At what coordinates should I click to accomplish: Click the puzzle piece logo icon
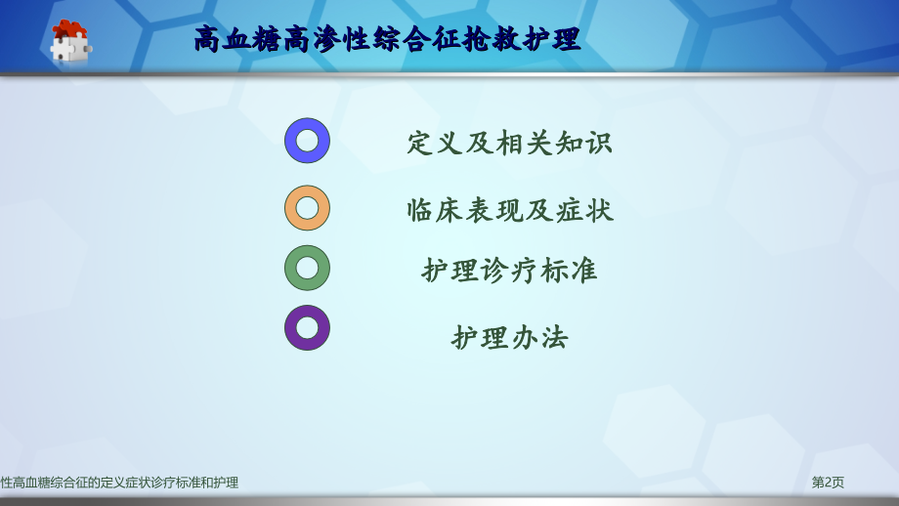[x=69, y=41]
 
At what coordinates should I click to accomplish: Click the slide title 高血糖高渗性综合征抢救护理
[x=387, y=40]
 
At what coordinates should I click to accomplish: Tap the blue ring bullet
[x=307, y=141]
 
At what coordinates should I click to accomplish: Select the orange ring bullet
[x=307, y=208]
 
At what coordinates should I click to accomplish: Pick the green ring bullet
[x=307, y=268]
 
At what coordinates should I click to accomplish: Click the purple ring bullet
[x=307, y=328]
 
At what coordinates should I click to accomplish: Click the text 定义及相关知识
[x=509, y=143]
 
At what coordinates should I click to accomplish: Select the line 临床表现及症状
[x=510, y=210]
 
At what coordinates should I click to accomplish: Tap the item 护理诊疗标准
[x=509, y=271]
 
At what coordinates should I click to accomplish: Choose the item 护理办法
[x=509, y=338]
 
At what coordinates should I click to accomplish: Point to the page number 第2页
[x=828, y=483]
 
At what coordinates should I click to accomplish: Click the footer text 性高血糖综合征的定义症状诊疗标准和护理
[x=119, y=483]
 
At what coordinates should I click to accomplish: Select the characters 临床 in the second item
[x=436, y=210]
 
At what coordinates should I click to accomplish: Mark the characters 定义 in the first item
[x=436, y=143]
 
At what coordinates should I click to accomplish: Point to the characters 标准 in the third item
[x=568, y=271]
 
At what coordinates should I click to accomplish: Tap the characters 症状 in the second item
[x=584, y=210]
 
